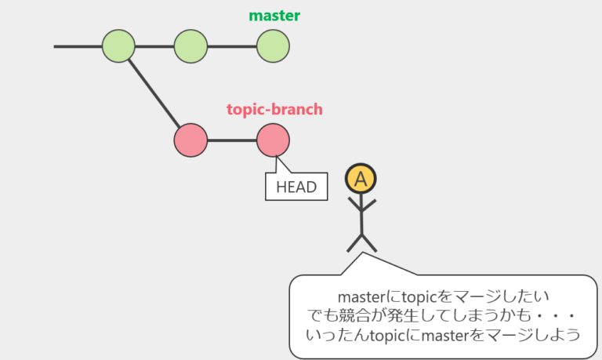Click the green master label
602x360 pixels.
point(274,16)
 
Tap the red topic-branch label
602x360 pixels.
point(274,110)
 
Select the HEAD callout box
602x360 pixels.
point(296,187)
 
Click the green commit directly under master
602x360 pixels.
point(273,46)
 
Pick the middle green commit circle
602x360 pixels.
point(190,46)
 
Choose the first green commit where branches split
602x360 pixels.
point(118,46)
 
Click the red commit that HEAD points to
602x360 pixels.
point(273,140)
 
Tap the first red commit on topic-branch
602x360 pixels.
point(190,140)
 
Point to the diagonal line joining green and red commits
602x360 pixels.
point(154,93)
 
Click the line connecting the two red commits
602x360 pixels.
point(232,140)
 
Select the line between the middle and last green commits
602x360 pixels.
point(232,46)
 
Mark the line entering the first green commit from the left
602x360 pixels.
point(78,46)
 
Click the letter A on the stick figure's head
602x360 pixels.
point(361,179)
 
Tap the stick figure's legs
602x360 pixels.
point(361,243)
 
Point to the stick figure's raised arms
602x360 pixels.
point(361,205)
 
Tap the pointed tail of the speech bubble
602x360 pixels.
point(363,253)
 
